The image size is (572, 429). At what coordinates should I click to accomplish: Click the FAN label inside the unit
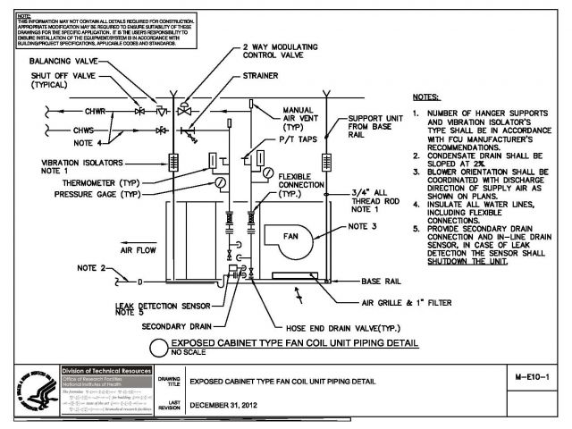[279, 236]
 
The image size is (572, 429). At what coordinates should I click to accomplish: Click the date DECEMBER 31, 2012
[234, 403]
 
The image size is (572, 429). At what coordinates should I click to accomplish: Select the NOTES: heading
[426, 96]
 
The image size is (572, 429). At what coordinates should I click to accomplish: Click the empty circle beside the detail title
[156, 349]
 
